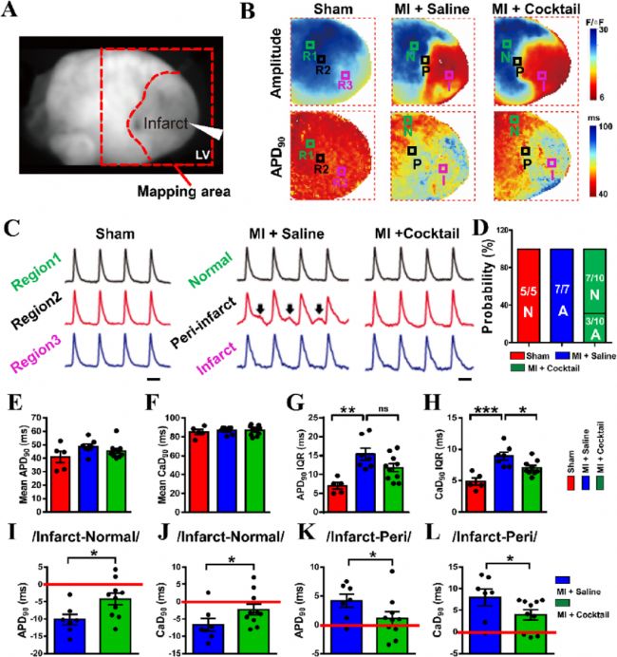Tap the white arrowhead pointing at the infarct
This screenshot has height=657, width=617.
click(216, 136)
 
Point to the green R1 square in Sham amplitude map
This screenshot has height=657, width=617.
click(308, 46)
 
